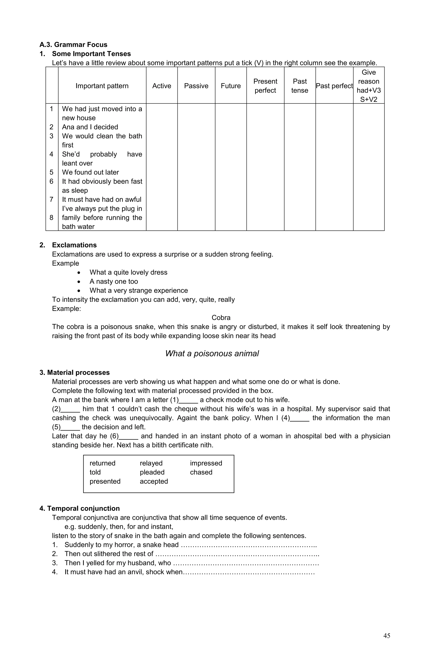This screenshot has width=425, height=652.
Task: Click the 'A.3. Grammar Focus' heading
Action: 73,45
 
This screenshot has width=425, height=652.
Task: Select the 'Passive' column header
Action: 196,86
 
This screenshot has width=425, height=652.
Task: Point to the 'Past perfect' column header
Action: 334,86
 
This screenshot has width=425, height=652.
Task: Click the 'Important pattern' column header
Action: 102,86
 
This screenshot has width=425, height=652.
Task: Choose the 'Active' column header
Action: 162,86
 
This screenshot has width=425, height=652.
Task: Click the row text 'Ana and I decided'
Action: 90,127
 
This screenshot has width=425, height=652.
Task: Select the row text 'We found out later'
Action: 90,172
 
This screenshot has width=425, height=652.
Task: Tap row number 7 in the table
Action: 51,199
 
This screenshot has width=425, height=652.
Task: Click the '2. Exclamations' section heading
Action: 68,245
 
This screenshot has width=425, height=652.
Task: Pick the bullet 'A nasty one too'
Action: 114,281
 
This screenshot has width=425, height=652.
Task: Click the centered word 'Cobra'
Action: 221,318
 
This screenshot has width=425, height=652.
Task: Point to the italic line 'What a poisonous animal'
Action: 212,353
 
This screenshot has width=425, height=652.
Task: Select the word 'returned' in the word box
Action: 103,463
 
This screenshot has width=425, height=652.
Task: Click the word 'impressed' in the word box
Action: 206,463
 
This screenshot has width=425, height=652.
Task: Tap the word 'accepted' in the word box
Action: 154,481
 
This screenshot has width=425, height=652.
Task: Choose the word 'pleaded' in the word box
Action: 152,472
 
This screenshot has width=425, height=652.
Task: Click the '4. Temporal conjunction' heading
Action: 79,508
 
